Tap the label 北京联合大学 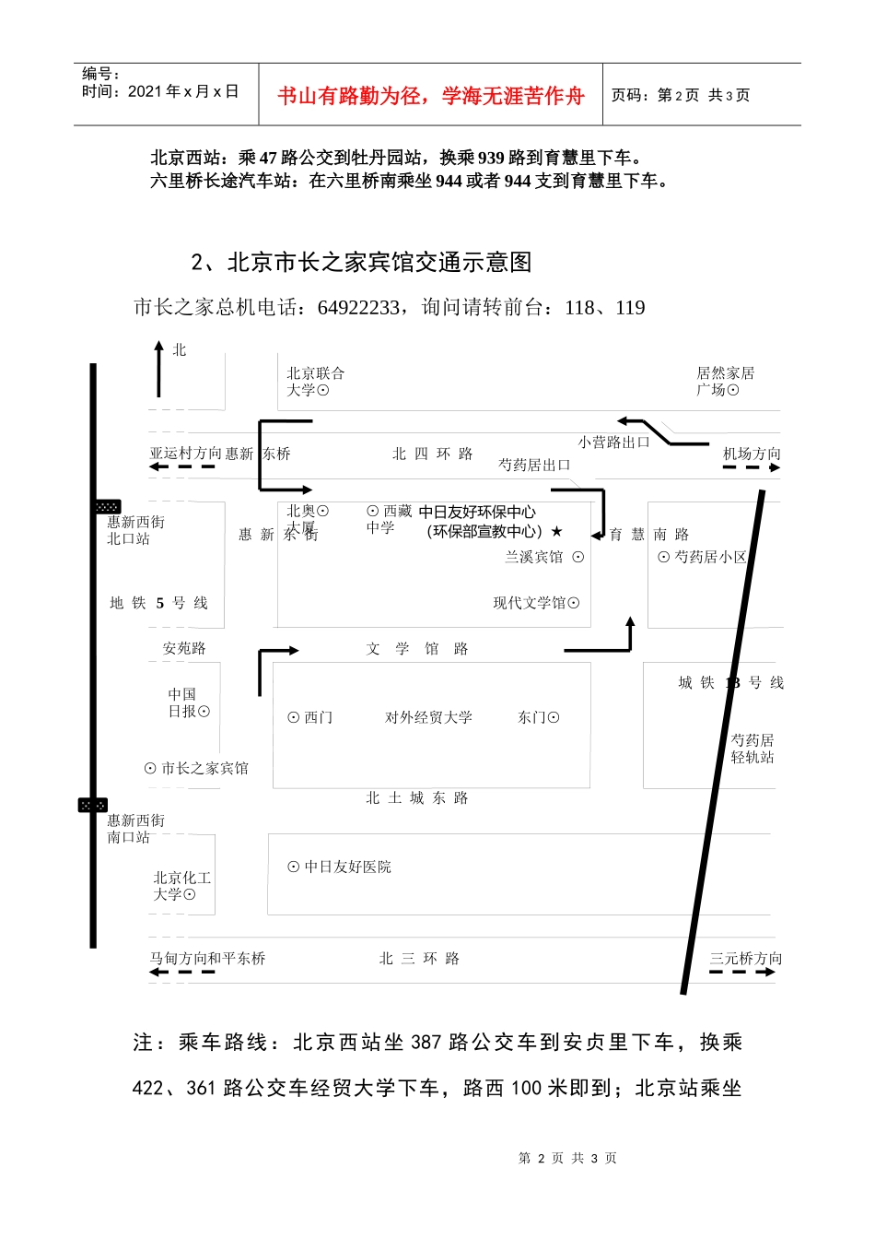pyautogui.click(x=314, y=382)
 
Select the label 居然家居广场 pyautogui.click(x=724, y=382)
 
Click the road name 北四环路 pyautogui.click(x=432, y=454)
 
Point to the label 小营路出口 pyautogui.click(x=613, y=442)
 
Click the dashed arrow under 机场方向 pyautogui.click(x=751, y=468)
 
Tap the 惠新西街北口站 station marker pyautogui.click(x=108, y=507)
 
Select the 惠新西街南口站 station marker pyautogui.click(x=93, y=805)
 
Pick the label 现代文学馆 pyautogui.click(x=536, y=603)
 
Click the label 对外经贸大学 pyautogui.click(x=428, y=717)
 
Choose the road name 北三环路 pyautogui.click(x=419, y=959)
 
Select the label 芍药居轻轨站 pyautogui.click(x=752, y=749)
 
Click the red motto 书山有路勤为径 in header pyautogui.click(x=430, y=96)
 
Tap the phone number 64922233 pyautogui.click(x=359, y=308)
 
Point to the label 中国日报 pyautogui.click(x=188, y=702)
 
